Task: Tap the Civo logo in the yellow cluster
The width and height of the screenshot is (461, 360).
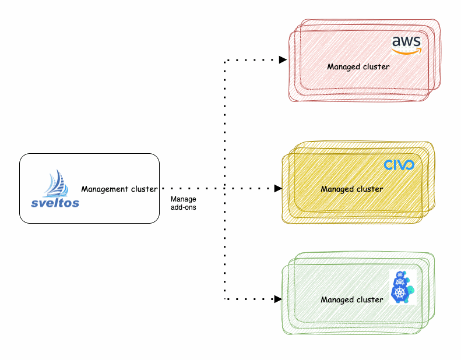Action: pyautogui.click(x=399, y=165)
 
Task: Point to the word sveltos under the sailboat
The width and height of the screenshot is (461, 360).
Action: pyautogui.click(x=55, y=203)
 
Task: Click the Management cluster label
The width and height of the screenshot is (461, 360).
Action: pyautogui.click(x=119, y=189)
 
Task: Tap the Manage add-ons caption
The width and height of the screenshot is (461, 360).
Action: pyautogui.click(x=183, y=202)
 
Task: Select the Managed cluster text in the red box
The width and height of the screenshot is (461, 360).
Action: pyautogui.click(x=358, y=66)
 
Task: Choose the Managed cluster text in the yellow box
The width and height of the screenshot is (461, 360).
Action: pyautogui.click(x=351, y=189)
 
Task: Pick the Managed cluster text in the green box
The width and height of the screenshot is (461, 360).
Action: pyautogui.click(x=351, y=299)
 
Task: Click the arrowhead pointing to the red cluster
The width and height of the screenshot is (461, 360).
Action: pyautogui.click(x=283, y=60)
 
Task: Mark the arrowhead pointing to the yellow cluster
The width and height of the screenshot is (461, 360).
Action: pyautogui.click(x=278, y=189)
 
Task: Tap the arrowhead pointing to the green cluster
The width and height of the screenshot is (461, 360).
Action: pyautogui.click(x=278, y=299)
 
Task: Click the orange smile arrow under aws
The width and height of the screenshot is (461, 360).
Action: pyautogui.click(x=406, y=51)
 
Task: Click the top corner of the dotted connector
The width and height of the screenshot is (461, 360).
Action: pyautogui.click(x=226, y=60)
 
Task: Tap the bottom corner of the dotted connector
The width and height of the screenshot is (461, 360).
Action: pyautogui.click(x=226, y=299)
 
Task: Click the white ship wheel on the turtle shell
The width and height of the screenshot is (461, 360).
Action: pyautogui.click(x=400, y=292)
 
